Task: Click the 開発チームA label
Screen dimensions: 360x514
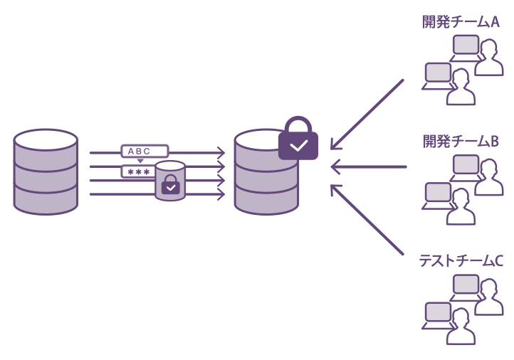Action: click(x=461, y=22)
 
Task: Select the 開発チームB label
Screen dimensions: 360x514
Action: click(x=461, y=142)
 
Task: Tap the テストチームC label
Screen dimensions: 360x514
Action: click(x=461, y=261)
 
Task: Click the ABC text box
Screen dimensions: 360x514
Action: click(x=145, y=151)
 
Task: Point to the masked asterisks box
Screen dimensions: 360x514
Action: click(x=138, y=171)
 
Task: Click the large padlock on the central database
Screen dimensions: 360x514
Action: click(x=298, y=139)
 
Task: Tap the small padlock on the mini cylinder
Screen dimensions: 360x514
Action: click(x=170, y=186)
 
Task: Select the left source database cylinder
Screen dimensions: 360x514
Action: click(x=46, y=171)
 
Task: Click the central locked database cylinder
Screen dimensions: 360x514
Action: click(x=266, y=174)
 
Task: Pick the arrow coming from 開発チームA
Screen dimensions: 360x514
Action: click(x=367, y=115)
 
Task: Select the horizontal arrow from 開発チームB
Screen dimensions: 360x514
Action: click(x=368, y=167)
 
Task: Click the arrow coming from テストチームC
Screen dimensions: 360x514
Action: click(x=367, y=220)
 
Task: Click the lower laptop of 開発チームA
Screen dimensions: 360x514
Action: click(x=439, y=74)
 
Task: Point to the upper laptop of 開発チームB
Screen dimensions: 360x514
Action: click(x=466, y=166)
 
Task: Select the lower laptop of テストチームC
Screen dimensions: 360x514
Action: click(x=439, y=314)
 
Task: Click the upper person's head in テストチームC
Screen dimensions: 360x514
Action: click(x=488, y=287)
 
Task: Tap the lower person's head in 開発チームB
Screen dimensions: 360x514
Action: click(x=461, y=195)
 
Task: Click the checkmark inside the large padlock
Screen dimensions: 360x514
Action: click(x=298, y=146)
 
